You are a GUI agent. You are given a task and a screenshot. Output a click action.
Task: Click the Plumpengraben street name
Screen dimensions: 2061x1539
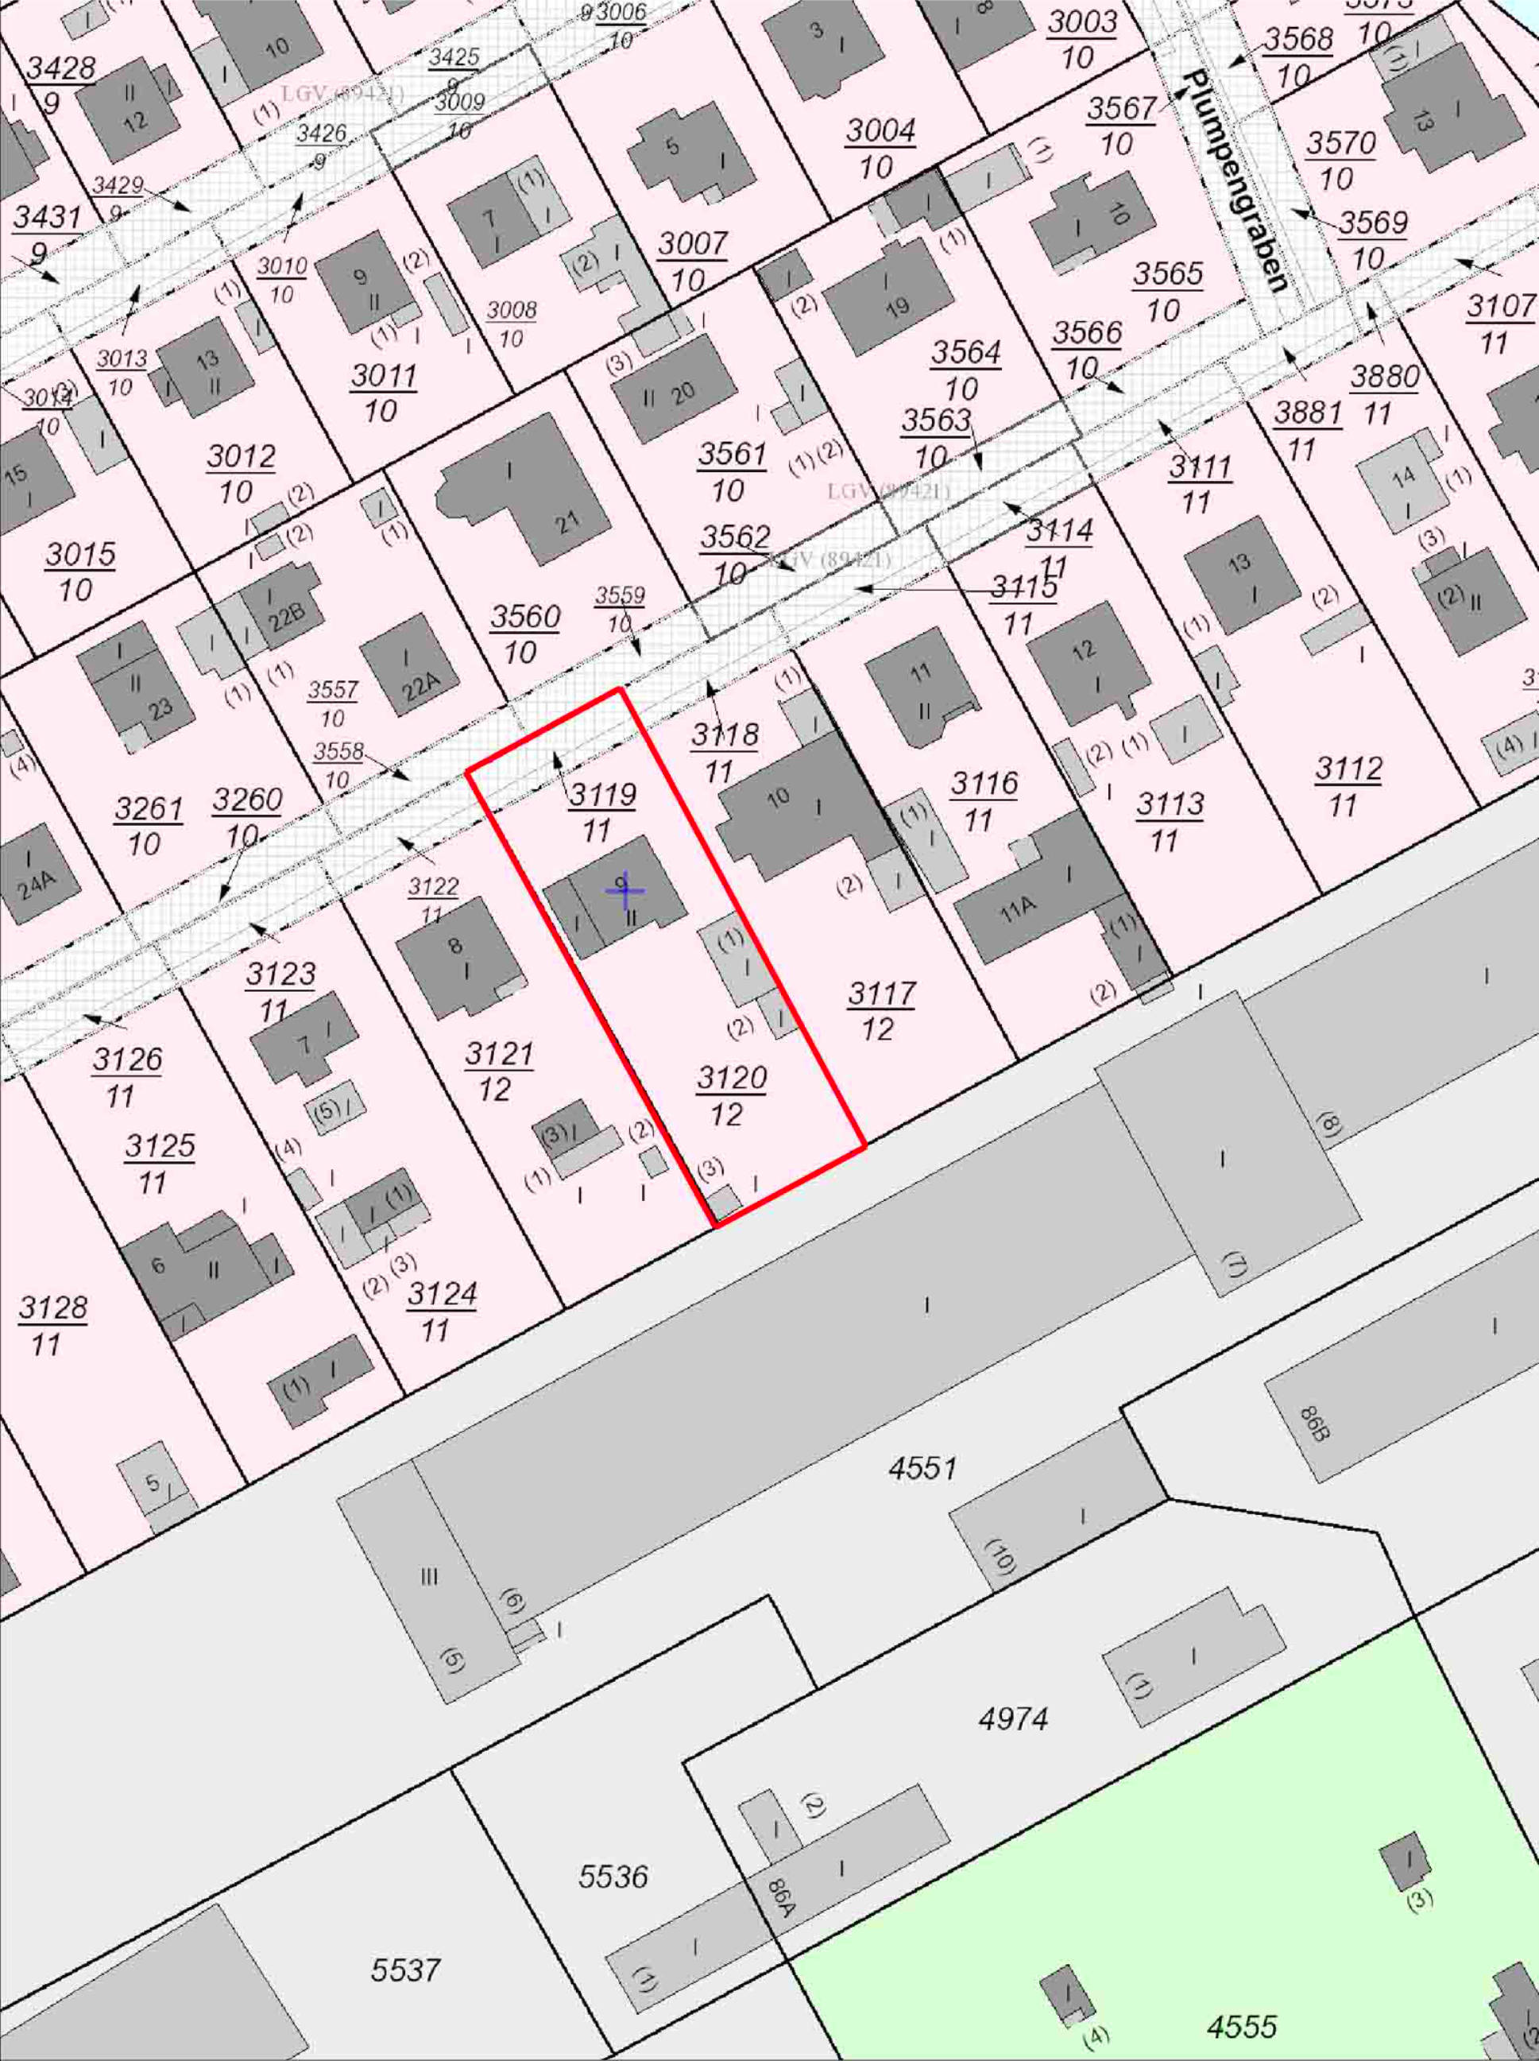point(1235,180)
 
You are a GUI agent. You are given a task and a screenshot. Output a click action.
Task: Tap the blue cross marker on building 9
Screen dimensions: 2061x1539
point(624,889)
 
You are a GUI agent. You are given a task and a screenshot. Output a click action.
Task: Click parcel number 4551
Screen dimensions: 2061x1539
point(922,1468)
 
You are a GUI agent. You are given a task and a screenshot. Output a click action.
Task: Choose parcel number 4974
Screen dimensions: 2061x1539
point(1014,1717)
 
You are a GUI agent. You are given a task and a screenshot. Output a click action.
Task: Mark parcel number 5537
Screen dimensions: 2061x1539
point(405,1970)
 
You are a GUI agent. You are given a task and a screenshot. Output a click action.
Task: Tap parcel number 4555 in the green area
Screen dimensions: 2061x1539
point(1242,2025)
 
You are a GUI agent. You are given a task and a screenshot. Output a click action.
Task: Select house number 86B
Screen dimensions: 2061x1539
point(1312,1423)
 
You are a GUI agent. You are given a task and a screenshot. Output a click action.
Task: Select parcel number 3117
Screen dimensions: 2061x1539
point(880,994)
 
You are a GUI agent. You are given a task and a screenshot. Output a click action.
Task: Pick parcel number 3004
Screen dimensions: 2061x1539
point(880,131)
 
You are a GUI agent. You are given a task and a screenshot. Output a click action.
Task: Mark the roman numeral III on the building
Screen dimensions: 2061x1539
point(428,1578)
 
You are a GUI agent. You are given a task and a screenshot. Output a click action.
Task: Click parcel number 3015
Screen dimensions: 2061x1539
point(81,556)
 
